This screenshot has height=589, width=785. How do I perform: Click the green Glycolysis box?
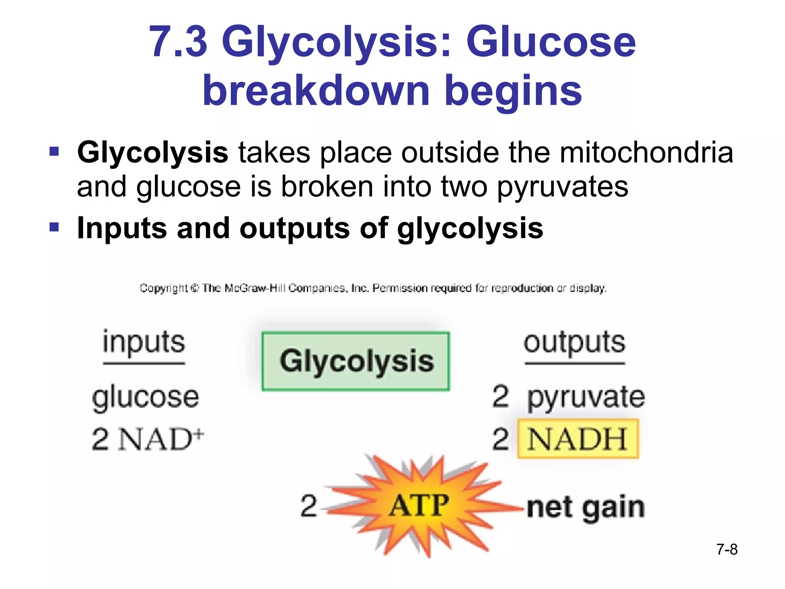click(x=356, y=361)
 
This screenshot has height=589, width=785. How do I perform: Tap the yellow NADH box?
click(x=578, y=439)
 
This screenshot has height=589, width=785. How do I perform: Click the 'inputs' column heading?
click(x=144, y=342)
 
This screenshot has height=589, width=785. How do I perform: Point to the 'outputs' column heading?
click(x=575, y=342)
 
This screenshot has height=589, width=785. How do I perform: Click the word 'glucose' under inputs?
click(x=146, y=397)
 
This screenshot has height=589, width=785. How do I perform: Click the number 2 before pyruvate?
click(x=501, y=397)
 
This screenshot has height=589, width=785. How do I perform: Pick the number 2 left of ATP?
click(x=309, y=505)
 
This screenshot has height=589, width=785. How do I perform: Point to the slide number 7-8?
click(x=727, y=549)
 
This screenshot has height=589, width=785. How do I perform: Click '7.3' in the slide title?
click(x=178, y=41)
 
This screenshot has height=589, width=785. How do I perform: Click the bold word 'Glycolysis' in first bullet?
click(x=153, y=153)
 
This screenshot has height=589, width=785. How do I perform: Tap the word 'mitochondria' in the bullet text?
click(x=646, y=153)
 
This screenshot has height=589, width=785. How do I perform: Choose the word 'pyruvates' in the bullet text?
click(x=563, y=187)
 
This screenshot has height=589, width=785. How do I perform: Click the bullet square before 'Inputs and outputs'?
click(x=54, y=227)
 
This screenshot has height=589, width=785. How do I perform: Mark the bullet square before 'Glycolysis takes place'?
click(x=54, y=151)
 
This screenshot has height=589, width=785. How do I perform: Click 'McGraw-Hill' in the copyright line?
click(x=255, y=288)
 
